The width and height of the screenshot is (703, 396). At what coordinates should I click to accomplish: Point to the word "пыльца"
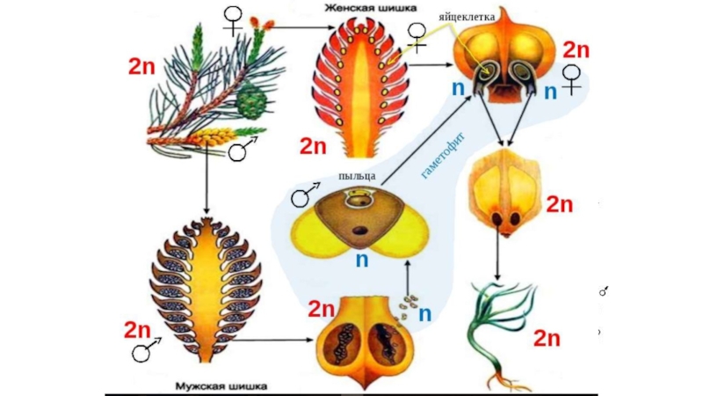(x=358, y=176)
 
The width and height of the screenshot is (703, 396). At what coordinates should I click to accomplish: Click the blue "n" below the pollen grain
(x=361, y=260)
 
